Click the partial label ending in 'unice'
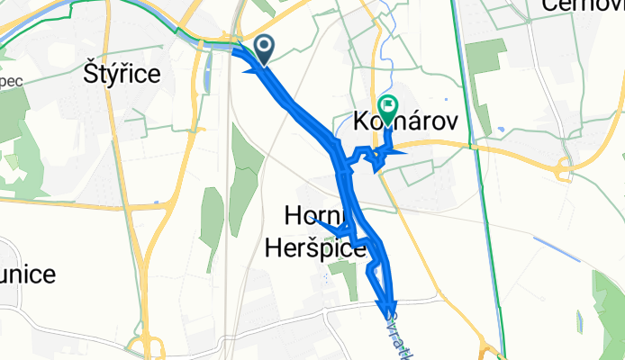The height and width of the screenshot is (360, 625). click(28, 273)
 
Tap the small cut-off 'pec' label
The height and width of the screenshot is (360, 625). click(12, 79)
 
